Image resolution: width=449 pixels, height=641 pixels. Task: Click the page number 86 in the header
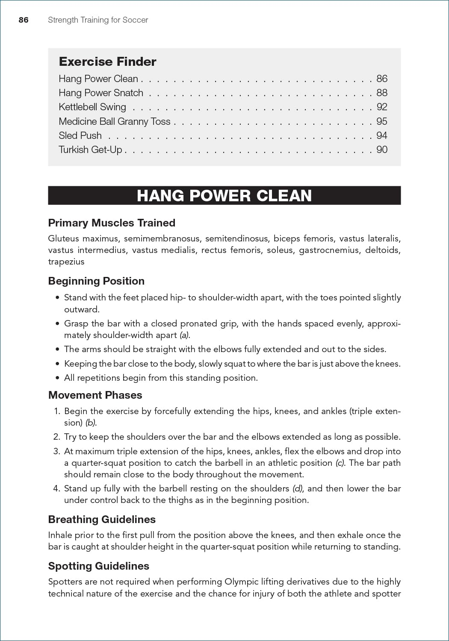24,20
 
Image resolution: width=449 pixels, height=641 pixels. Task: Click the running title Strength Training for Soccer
98,20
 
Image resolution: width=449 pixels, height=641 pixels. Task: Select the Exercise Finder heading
107,62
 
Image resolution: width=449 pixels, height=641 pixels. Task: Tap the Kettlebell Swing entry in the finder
92,107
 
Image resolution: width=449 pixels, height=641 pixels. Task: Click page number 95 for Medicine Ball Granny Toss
381,121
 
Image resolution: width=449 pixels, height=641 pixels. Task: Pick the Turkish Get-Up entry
90,150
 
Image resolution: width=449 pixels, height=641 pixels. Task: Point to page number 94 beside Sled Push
381,135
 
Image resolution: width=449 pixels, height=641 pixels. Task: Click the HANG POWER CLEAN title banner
224,195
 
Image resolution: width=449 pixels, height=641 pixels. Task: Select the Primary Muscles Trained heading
112,223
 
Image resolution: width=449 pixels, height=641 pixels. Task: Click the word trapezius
66,262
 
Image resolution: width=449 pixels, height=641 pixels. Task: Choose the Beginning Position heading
96,281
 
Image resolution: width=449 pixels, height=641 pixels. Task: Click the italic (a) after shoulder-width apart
184,335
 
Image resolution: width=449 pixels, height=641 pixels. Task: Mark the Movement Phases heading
95,395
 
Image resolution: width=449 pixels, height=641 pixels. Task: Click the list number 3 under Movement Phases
56,451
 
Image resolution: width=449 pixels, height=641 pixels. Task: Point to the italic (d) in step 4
297,488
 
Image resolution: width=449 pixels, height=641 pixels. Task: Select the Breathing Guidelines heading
102,519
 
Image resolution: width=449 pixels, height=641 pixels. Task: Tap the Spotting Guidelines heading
98,566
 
